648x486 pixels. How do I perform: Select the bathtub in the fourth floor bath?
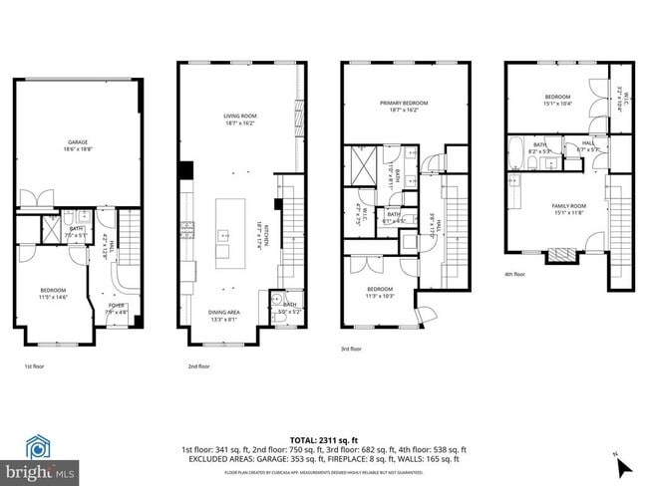[514, 154]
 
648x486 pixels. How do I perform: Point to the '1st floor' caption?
[34, 366]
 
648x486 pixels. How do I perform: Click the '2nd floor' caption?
[198, 366]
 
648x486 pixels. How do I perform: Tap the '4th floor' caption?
[515, 275]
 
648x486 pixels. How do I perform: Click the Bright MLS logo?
[39, 468]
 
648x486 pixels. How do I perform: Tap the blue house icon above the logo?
[39, 446]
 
